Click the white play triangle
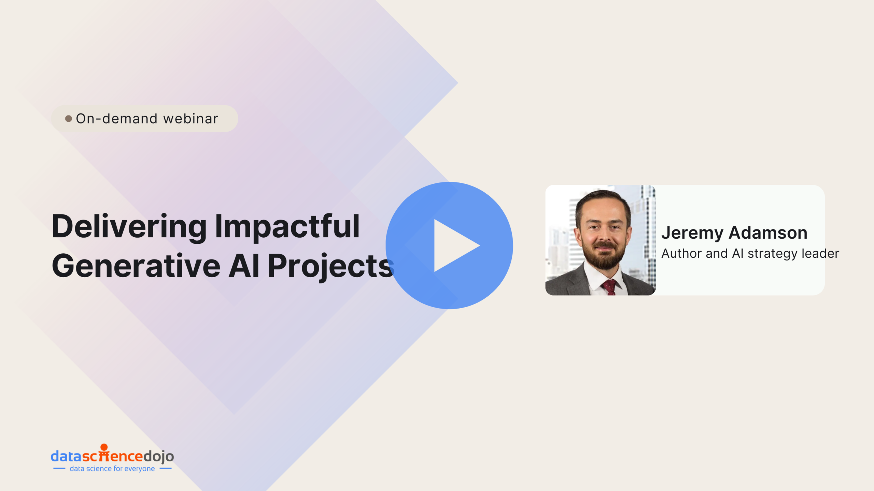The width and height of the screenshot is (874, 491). [x=452, y=245]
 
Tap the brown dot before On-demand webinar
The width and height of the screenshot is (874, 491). [x=69, y=119]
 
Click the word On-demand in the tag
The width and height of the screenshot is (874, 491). [x=116, y=119]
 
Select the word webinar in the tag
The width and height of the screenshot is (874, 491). [x=191, y=119]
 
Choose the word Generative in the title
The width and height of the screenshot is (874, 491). [x=136, y=266]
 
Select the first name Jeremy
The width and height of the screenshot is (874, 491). [x=692, y=233]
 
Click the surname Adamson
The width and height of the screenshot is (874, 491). [x=768, y=233]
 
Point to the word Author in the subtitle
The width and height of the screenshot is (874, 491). [x=681, y=253]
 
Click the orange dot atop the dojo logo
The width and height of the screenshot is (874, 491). [x=104, y=447]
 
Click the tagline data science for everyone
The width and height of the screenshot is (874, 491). [x=112, y=469]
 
